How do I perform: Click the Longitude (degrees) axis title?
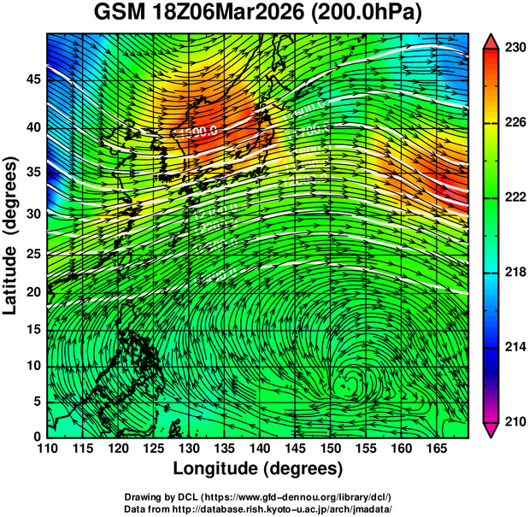pyautogui.click(x=258, y=469)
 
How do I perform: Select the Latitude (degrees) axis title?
pyautogui.click(x=12, y=236)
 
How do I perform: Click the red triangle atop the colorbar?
pyautogui.click(x=491, y=40)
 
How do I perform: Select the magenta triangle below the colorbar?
pyautogui.click(x=491, y=430)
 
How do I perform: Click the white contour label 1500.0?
pyautogui.click(x=198, y=132)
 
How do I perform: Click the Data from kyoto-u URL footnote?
pyautogui.click(x=263, y=508)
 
